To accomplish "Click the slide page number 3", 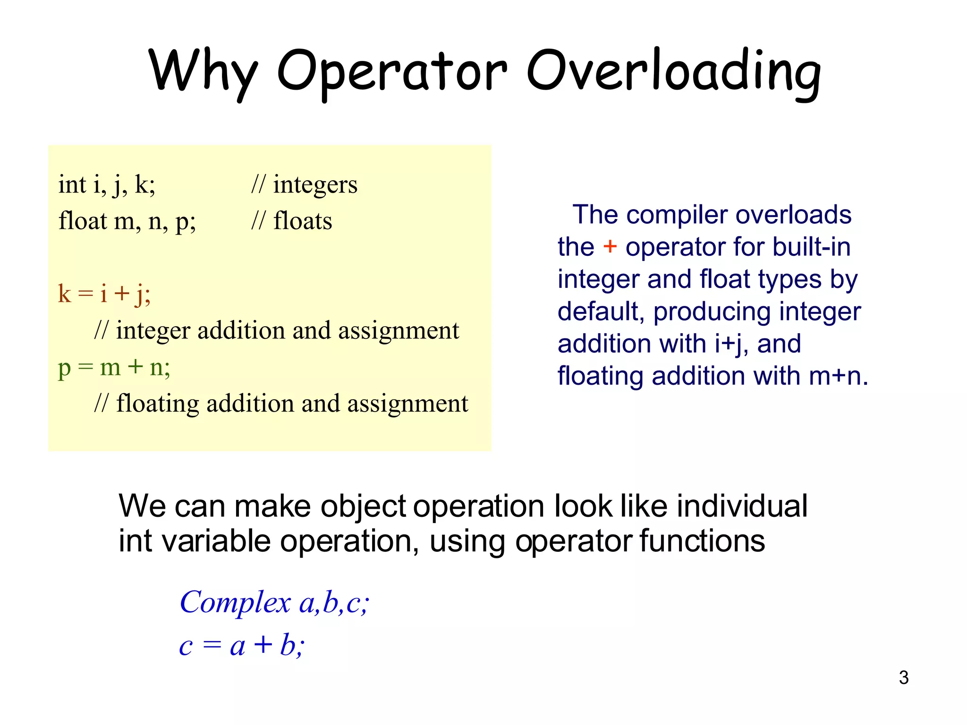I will click(904, 678).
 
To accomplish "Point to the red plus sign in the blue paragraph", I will click(610, 246).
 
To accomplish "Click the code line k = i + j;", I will click(104, 294).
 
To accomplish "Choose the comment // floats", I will click(292, 221).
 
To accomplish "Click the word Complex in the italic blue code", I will click(235, 603).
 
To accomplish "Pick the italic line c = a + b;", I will click(242, 645).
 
